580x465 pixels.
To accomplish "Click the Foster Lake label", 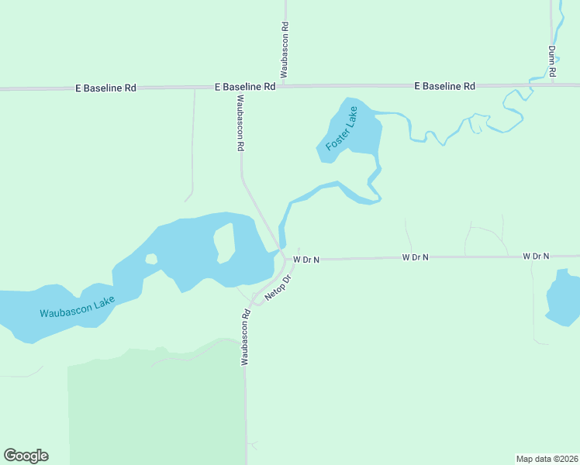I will [x=342, y=131].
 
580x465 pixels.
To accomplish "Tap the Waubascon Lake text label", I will [x=78, y=308].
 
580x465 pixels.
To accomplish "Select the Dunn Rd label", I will [x=552, y=60].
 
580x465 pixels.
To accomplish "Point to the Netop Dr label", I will [x=277, y=288].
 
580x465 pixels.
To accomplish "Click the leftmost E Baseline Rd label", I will [x=105, y=88].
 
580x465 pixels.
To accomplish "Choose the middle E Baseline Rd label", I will [x=245, y=88].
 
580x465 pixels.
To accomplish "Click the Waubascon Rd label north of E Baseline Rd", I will [x=285, y=48].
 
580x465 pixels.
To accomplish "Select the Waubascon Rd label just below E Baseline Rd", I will [x=240, y=122].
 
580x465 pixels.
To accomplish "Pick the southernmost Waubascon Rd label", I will [x=244, y=337].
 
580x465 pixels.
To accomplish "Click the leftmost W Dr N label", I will [x=306, y=260].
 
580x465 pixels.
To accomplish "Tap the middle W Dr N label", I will [x=416, y=257].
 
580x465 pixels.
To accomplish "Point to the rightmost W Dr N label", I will [x=536, y=256].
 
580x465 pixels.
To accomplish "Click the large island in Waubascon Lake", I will [x=223, y=243].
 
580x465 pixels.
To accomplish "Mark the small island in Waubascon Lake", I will [x=150, y=259].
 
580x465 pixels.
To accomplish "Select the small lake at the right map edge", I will [x=564, y=298].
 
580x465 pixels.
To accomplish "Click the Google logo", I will [x=26, y=456].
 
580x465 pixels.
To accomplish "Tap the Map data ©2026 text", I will [x=547, y=458].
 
